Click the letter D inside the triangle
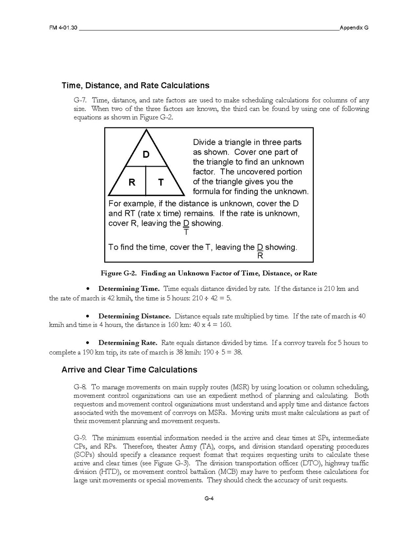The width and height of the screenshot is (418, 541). [146, 155]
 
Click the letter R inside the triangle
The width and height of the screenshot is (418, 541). [132, 182]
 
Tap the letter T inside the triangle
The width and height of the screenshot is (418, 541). [161, 182]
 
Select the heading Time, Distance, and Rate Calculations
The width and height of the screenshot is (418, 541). [135, 85]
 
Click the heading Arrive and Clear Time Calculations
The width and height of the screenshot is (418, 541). [129, 370]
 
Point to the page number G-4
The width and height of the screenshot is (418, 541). [209, 499]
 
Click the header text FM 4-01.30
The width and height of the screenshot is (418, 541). [64, 28]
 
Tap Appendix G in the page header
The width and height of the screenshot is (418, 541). [354, 28]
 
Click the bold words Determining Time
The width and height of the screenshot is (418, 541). [129, 289]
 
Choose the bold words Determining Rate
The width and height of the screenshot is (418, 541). [128, 343]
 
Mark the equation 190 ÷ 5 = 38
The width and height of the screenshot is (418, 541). [224, 352]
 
